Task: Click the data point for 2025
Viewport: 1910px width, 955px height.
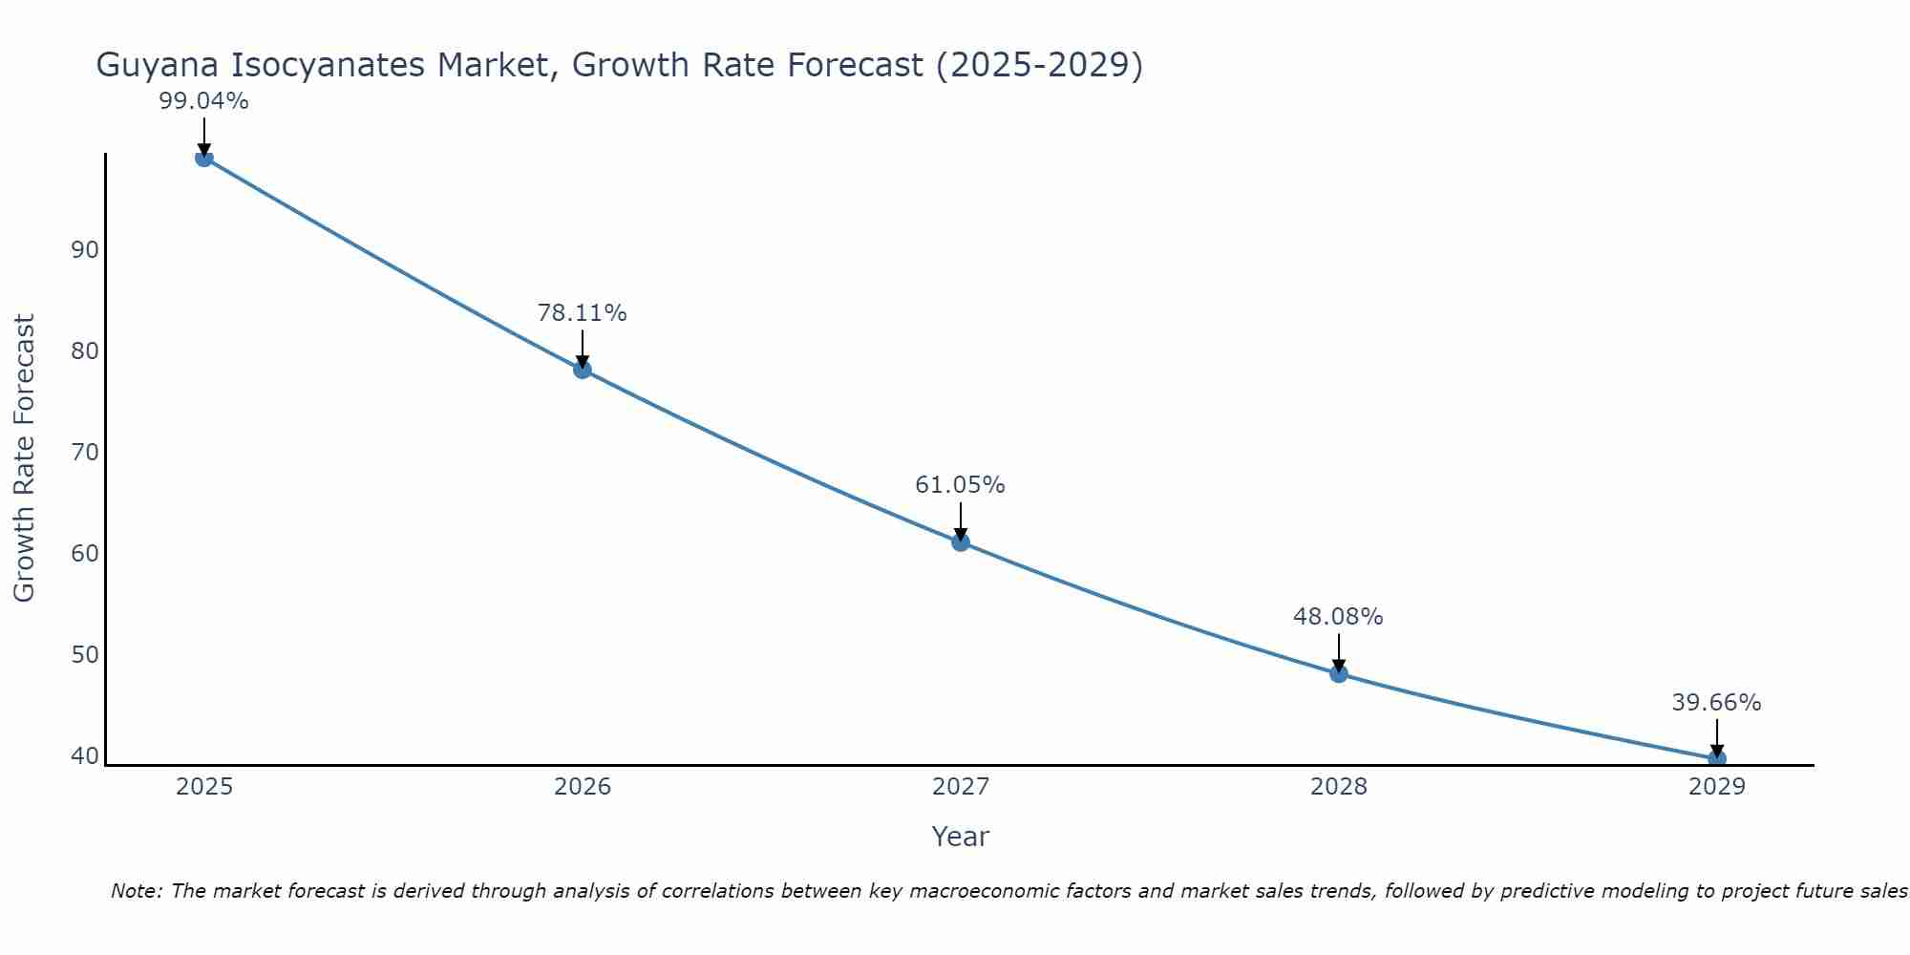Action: pos(203,158)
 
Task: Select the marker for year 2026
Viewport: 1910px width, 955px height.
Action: pos(583,370)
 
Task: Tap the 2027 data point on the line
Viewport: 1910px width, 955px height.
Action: pos(961,542)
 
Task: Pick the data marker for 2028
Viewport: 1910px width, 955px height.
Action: pos(1339,673)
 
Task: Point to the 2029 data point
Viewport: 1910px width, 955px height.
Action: pos(1716,759)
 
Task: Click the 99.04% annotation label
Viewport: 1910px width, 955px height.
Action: pos(203,101)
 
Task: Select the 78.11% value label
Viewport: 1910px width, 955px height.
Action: pos(582,313)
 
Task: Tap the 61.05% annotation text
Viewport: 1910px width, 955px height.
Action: pos(960,485)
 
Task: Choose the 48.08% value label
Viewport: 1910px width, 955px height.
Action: pos(1338,617)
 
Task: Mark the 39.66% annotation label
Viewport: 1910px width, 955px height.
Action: pos(1716,703)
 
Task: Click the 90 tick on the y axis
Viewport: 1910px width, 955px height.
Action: pos(85,250)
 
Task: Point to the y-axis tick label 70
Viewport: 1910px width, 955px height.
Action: pos(85,453)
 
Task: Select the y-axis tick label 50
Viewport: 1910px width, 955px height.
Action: pos(85,655)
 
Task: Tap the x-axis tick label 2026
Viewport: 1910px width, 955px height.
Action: pos(583,787)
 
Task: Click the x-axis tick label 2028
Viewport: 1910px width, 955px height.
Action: pos(1339,787)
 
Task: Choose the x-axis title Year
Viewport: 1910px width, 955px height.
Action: pos(960,837)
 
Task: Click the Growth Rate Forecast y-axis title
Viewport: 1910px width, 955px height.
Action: pos(24,457)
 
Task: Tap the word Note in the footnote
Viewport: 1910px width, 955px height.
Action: pos(136,891)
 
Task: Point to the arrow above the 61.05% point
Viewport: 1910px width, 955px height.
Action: pos(961,520)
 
